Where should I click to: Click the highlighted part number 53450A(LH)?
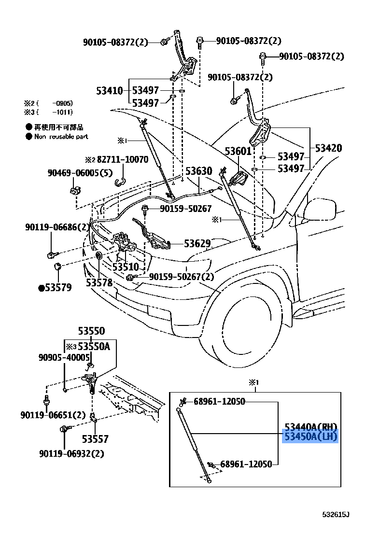click(310, 436)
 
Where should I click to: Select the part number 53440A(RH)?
click(310, 427)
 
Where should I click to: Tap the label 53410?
click(109, 91)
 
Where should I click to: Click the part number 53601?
click(238, 152)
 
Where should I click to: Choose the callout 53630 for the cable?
click(198, 171)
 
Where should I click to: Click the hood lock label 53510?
click(126, 267)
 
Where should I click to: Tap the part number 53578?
click(99, 282)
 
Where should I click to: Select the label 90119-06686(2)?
click(57, 226)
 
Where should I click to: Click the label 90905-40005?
click(64, 357)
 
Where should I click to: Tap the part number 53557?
click(95, 439)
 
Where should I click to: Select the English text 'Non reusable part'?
click(61, 137)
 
